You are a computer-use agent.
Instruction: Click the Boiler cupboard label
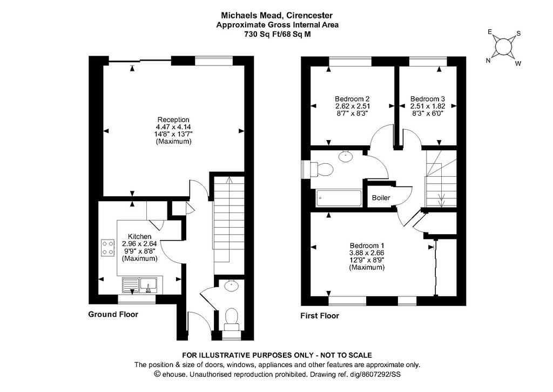381,198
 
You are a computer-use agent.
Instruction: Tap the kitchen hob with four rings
108,248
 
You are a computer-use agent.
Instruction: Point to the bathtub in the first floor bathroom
339,198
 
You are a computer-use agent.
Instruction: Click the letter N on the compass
488,61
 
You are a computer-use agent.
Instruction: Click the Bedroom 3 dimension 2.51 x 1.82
428,106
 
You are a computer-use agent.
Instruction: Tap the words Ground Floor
113,314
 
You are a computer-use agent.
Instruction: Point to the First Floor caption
320,316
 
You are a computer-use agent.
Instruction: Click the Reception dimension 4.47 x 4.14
173,127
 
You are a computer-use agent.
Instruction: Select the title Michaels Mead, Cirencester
276,16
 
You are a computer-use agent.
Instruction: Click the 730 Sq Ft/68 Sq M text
278,34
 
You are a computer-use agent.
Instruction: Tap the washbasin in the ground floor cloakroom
231,286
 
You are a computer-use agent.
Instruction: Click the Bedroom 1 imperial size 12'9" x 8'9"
367,260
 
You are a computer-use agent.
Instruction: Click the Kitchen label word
139,236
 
